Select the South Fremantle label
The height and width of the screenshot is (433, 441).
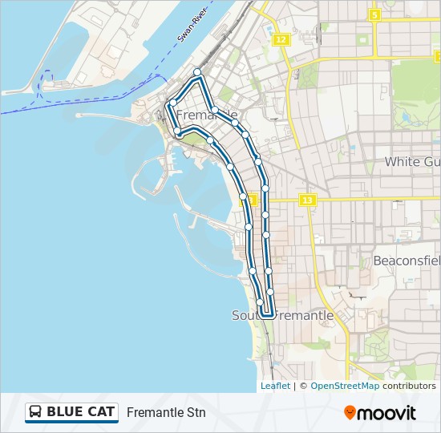point(282,315)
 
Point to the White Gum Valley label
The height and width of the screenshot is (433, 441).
point(412,161)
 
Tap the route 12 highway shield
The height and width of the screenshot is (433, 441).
point(280,39)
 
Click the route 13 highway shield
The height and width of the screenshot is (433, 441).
point(307,200)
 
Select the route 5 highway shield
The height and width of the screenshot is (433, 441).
point(374,14)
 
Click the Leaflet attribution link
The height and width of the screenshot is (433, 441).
point(275,386)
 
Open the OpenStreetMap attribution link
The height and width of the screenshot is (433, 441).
point(345,386)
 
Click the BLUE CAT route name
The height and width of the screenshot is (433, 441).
point(81,412)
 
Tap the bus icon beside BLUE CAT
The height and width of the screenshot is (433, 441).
point(36,412)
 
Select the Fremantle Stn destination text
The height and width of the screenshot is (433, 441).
point(166,412)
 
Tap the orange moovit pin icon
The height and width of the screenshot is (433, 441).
point(350,412)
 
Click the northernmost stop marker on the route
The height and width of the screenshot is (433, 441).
point(197,72)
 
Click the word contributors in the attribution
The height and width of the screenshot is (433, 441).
point(409,386)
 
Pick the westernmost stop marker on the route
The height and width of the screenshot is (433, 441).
point(172,103)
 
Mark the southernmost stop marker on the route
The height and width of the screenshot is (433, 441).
point(261,302)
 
